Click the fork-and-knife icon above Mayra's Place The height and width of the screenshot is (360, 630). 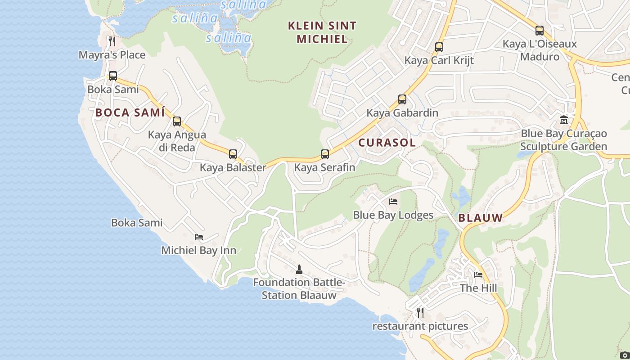112,41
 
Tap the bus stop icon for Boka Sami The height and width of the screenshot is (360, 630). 113,76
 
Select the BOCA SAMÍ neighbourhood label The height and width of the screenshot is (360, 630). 130,112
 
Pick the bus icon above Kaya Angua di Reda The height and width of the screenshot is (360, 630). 177,121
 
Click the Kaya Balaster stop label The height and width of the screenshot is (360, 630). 233,167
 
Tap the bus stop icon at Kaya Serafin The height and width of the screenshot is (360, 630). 325,154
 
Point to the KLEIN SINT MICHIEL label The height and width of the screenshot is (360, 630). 322,32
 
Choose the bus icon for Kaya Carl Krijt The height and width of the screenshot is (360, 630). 439,47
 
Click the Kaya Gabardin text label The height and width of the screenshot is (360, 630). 402,112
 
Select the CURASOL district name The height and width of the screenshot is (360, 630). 387,143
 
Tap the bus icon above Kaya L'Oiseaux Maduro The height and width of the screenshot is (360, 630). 540,31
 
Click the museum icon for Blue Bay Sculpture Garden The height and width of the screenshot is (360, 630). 564,120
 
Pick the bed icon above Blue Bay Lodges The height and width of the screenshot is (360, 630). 393,202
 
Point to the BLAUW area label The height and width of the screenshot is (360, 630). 480,218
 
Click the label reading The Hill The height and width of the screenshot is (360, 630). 478,288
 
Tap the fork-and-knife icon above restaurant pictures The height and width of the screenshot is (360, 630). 420,312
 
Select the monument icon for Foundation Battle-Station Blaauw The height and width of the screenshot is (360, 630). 299,270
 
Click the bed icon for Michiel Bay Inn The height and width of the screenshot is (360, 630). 199,237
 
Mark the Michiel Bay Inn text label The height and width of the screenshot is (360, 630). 199,250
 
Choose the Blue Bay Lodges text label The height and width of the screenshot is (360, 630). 393,215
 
